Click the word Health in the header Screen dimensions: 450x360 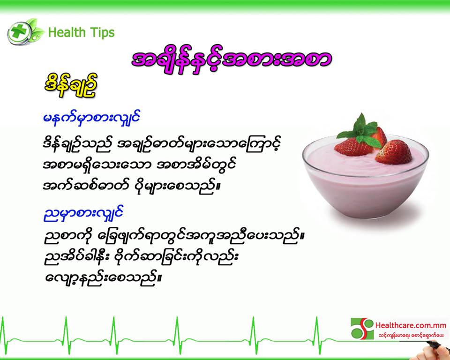coord(67,32)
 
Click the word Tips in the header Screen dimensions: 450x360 coord(102,32)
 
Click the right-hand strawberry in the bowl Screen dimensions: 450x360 coord(394,152)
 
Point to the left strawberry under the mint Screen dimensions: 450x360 coord(353,147)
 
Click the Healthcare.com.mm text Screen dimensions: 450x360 coord(411,326)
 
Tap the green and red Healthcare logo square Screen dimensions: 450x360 coord(362,329)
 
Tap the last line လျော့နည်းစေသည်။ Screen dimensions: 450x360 coord(103,277)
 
